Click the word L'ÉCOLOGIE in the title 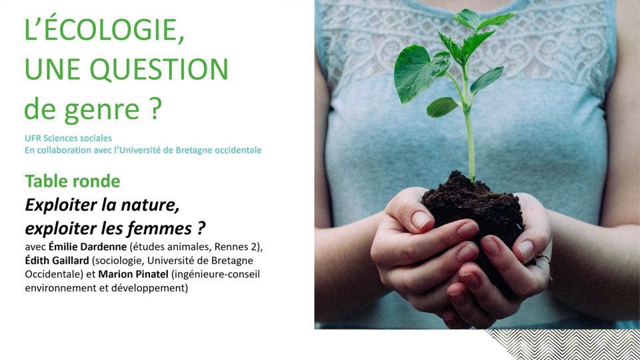click(x=104, y=30)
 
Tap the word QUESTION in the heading click(x=159, y=69)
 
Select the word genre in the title click(x=101, y=109)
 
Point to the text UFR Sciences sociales click(x=68, y=139)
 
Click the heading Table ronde click(x=73, y=181)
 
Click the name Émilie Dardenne click(x=88, y=247)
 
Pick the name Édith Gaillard click(x=57, y=261)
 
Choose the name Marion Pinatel click(x=133, y=274)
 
